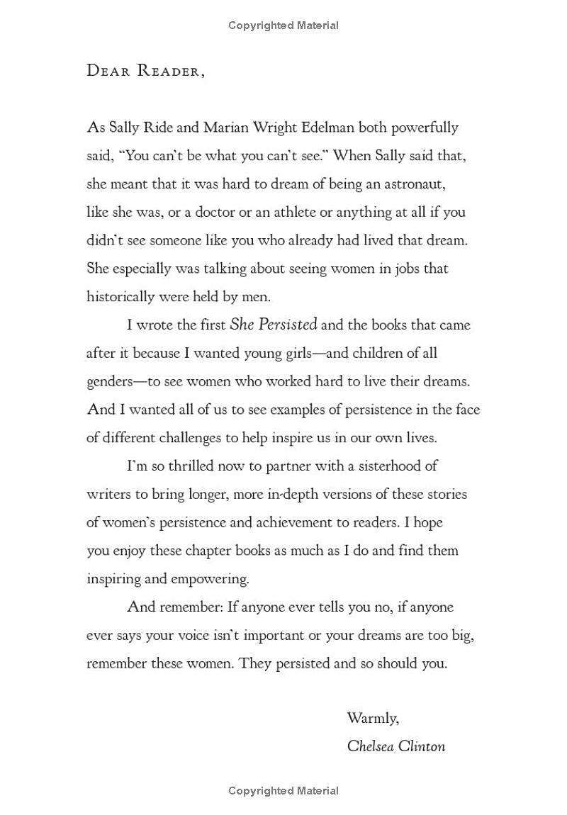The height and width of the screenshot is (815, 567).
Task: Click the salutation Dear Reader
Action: click(x=145, y=70)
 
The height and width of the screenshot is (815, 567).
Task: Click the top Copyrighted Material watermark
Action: click(x=283, y=26)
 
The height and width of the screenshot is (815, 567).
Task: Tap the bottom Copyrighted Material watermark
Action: click(x=283, y=791)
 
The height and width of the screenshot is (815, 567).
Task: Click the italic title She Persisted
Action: click(x=274, y=325)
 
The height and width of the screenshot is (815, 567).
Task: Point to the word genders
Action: click(x=110, y=382)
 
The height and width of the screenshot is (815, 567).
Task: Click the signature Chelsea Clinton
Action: click(x=396, y=746)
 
